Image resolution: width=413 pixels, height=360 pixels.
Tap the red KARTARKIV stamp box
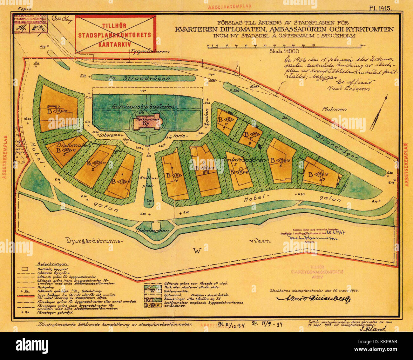115,35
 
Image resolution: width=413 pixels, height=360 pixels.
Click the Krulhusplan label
146,183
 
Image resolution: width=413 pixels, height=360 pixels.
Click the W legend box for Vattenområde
152,290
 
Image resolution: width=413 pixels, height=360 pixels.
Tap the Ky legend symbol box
152,300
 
